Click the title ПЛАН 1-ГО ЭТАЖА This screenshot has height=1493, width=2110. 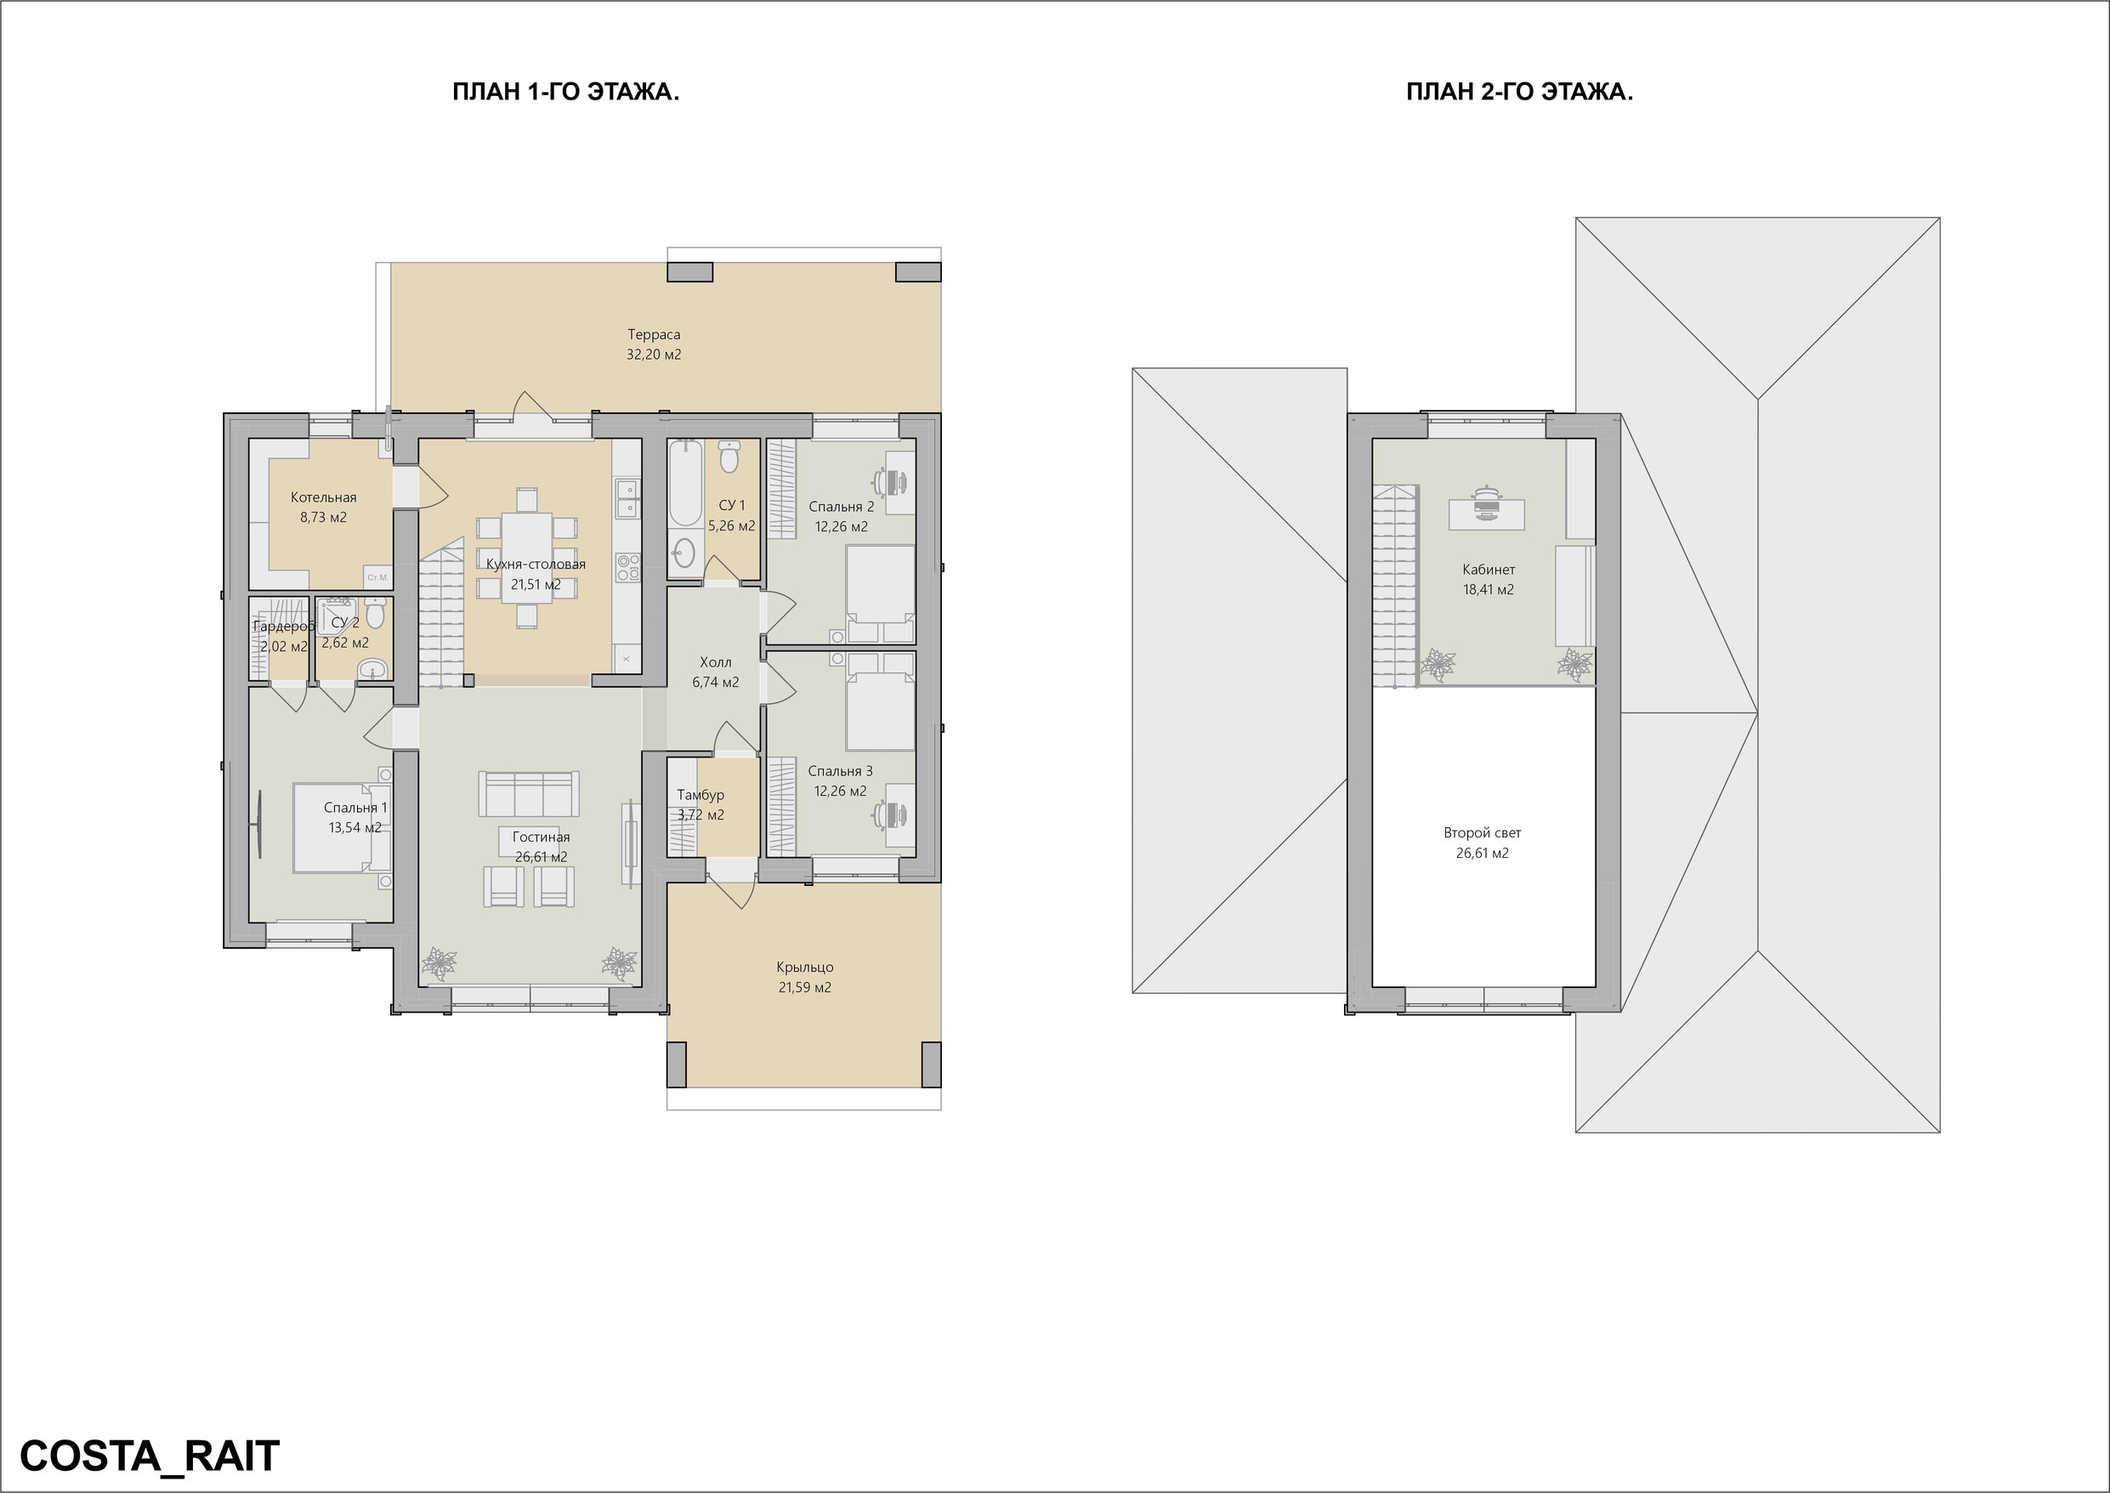click(565, 92)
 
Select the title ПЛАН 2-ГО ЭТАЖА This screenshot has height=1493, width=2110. click(1519, 92)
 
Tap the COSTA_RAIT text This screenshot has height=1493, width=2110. click(150, 1456)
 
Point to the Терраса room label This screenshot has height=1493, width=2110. click(654, 335)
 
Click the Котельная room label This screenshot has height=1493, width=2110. click(324, 497)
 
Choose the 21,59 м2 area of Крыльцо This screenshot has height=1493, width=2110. click(804, 987)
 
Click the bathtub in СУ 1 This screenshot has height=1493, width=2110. click(684, 483)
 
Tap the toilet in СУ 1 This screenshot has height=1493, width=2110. click(729, 457)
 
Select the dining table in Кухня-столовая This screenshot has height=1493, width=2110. click(526, 558)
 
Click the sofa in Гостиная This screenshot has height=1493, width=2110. click(529, 793)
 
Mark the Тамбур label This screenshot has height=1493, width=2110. click(700, 795)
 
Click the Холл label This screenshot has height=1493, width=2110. click(716, 662)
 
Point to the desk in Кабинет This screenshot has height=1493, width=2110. click(1487, 514)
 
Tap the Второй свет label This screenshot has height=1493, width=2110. click(1483, 833)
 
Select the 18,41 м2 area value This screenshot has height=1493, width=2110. click(1488, 590)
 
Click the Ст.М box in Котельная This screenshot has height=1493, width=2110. click(377, 576)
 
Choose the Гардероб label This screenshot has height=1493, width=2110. click(284, 626)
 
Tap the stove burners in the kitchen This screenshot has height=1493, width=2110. click(627, 567)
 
